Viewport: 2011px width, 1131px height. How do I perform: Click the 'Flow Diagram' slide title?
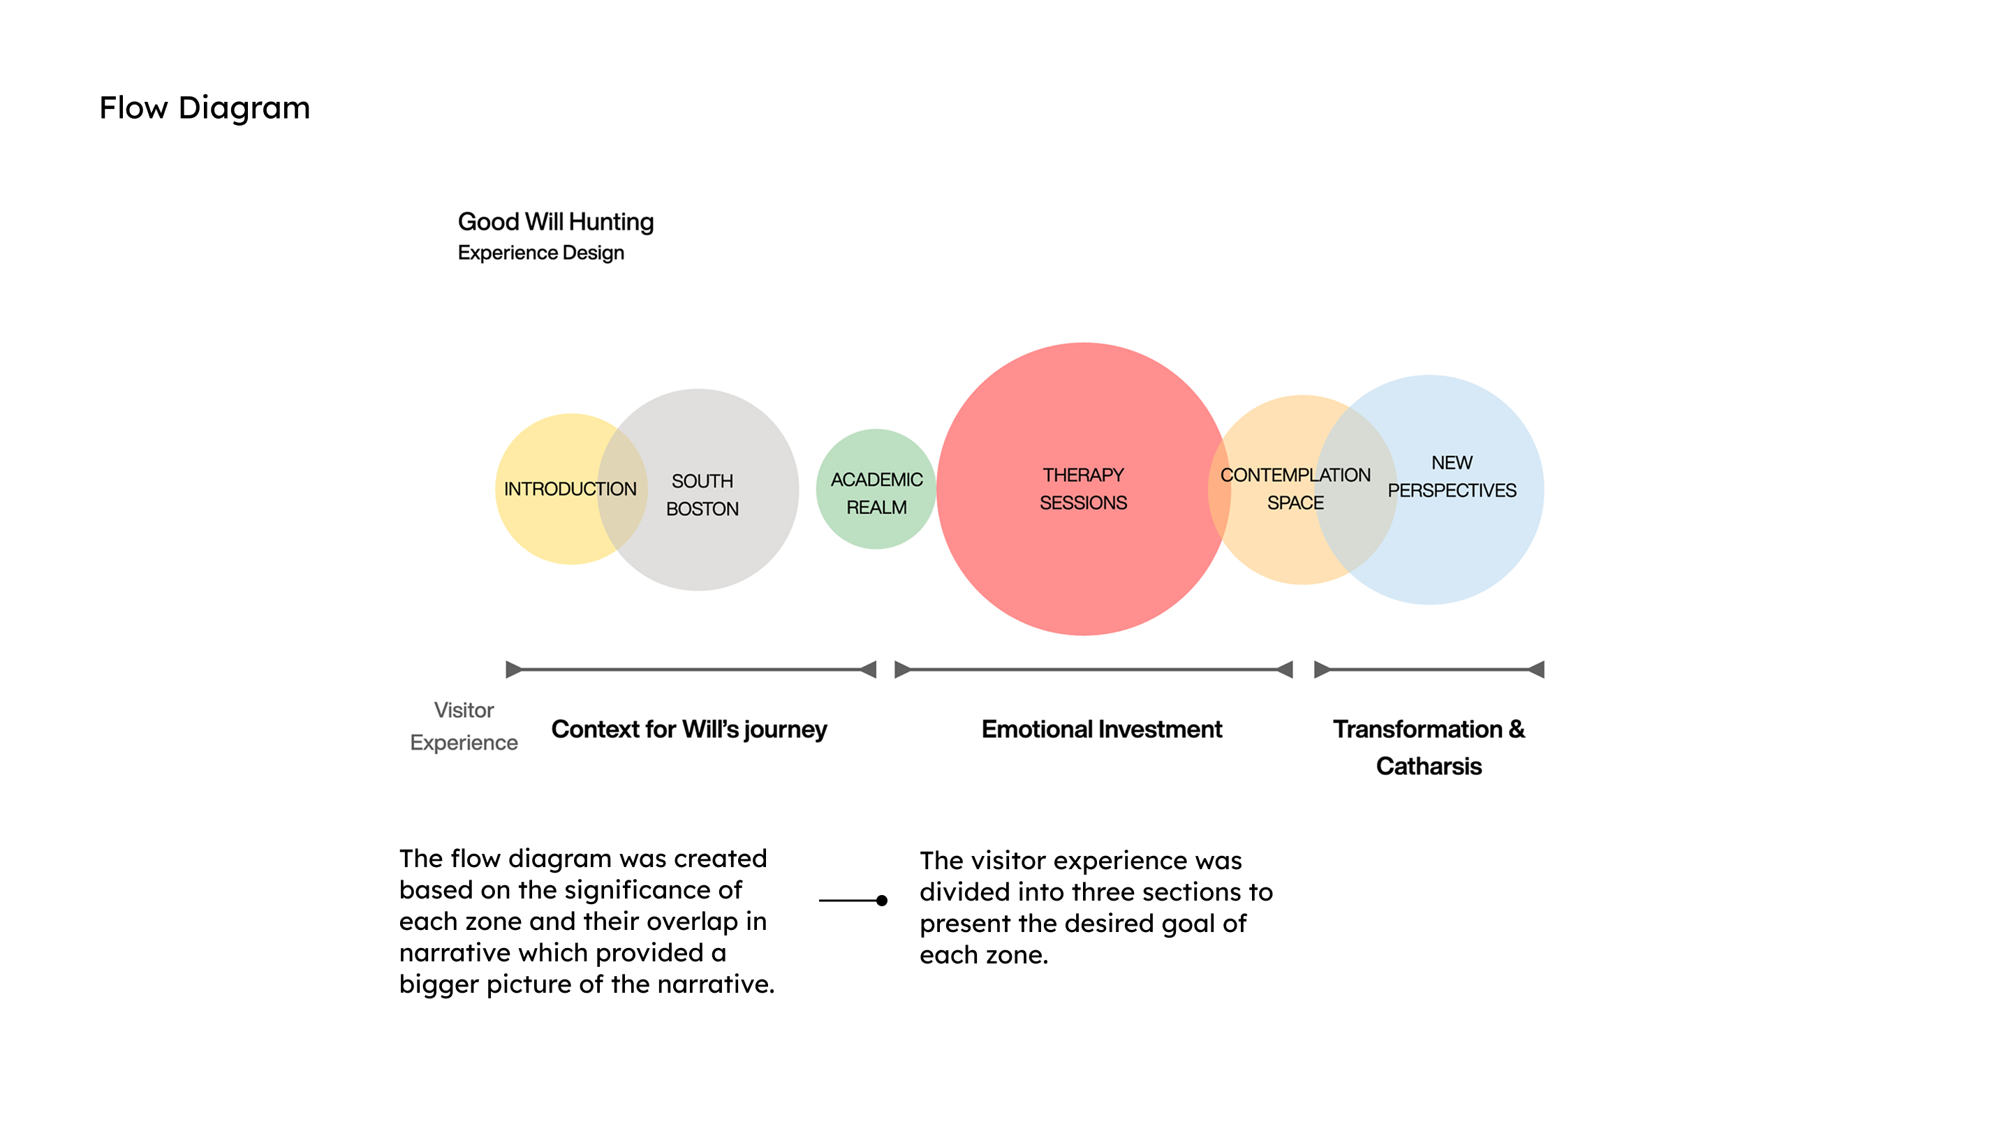(x=205, y=108)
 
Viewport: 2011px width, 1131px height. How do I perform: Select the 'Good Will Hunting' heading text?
(x=555, y=222)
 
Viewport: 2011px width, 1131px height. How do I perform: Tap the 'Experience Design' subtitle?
(x=540, y=253)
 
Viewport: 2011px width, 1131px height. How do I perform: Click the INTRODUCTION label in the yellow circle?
(x=570, y=489)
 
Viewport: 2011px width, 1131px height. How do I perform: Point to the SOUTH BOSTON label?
(x=702, y=495)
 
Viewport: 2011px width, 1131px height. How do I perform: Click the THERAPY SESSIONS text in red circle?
(x=1083, y=489)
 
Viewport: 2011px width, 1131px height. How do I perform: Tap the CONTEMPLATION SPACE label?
(x=1295, y=489)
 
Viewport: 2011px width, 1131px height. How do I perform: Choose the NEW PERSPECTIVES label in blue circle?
(x=1451, y=477)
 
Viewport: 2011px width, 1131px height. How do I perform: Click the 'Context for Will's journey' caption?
(x=688, y=729)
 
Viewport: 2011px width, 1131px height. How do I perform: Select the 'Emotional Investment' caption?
(x=1100, y=729)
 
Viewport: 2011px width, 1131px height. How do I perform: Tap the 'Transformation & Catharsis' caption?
(x=1428, y=747)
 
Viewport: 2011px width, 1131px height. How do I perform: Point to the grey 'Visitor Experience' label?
(x=464, y=727)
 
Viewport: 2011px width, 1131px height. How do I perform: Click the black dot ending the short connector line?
(x=881, y=901)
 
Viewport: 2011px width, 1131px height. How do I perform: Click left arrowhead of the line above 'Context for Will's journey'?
(x=513, y=670)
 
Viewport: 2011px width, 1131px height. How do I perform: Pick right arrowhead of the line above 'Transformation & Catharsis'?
(x=1536, y=670)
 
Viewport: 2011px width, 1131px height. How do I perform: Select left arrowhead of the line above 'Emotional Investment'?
(x=901, y=670)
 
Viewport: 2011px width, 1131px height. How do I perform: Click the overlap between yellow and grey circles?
(x=622, y=489)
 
